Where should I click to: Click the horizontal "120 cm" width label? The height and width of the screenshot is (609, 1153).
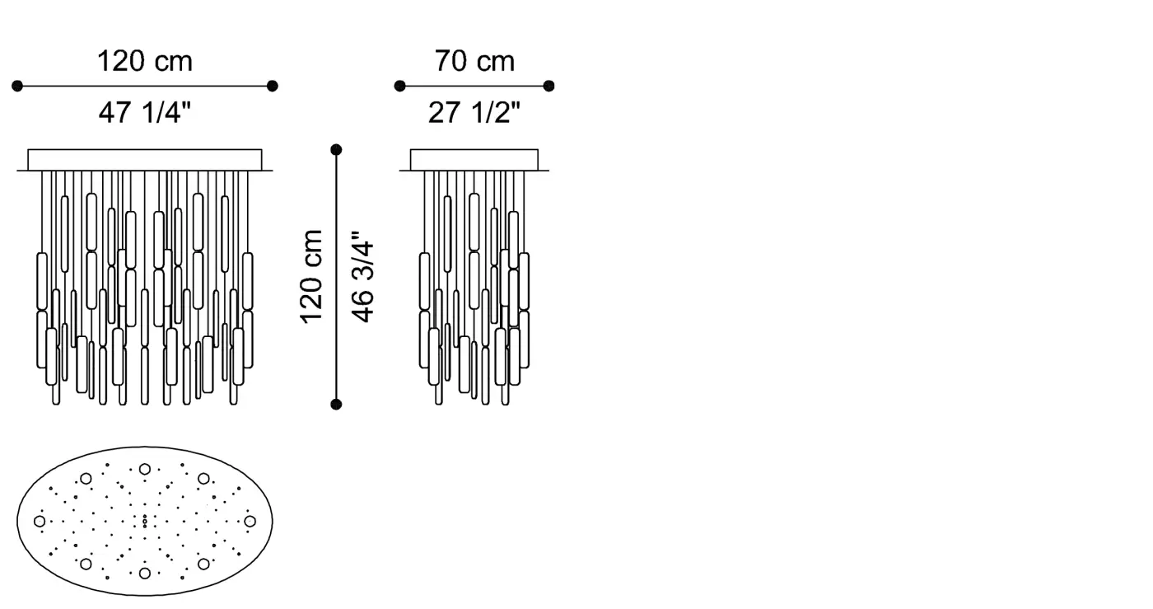click(145, 61)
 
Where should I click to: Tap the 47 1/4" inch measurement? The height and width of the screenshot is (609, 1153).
click(145, 112)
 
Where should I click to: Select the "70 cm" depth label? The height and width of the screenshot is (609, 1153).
click(474, 61)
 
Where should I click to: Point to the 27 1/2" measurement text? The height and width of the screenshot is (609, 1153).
click(474, 112)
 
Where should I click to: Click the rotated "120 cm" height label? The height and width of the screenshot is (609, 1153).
click(311, 277)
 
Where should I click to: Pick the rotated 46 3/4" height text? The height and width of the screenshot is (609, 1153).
click(362, 277)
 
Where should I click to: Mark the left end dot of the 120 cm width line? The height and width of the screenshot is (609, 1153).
click(17, 86)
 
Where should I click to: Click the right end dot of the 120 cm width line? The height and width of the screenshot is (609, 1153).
click(273, 86)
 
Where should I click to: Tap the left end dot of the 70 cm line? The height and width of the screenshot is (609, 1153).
click(400, 86)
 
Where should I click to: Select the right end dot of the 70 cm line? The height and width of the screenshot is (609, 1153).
click(548, 86)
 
